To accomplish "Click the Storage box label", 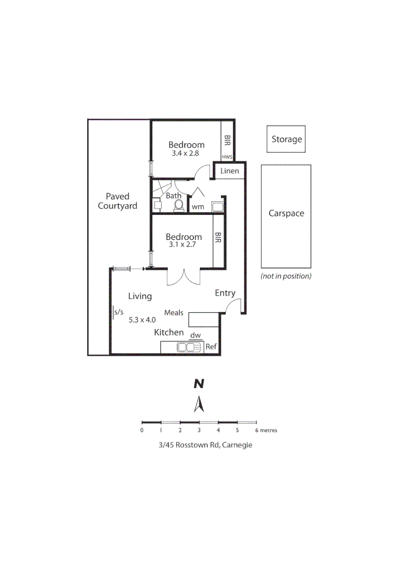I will pyautogui.click(x=286, y=139).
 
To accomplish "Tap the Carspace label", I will pyautogui.click(x=286, y=213).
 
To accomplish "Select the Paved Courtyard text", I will pyautogui.click(x=118, y=201).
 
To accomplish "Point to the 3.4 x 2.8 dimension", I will pyautogui.click(x=186, y=154).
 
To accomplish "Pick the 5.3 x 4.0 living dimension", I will pyautogui.click(x=142, y=319).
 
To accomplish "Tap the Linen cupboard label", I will pyautogui.click(x=230, y=171).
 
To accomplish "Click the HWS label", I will pyautogui.click(x=227, y=156).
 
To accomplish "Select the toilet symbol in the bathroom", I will pyautogui.click(x=178, y=205).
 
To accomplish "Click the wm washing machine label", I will pyautogui.click(x=198, y=207).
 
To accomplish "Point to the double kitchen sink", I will pyautogui.click(x=189, y=347).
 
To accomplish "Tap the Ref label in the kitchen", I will pyautogui.click(x=211, y=347).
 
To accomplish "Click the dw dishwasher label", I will pyautogui.click(x=195, y=334).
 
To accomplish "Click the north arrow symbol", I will pyautogui.click(x=199, y=404).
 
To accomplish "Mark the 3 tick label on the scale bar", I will pyautogui.click(x=199, y=430).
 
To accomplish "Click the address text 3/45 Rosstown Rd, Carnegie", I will pyautogui.click(x=199, y=445).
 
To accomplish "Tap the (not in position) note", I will pyautogui.click(x=286, y=276).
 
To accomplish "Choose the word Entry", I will pyautogui.click(x=225, y=293).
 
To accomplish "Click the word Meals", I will pyautogui.click(x=174, y=313).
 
